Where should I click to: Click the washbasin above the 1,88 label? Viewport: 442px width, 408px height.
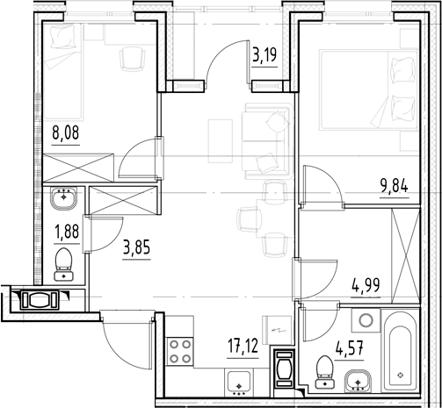pos(63,199)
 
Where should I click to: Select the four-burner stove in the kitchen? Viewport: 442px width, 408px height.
pos(180,351)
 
